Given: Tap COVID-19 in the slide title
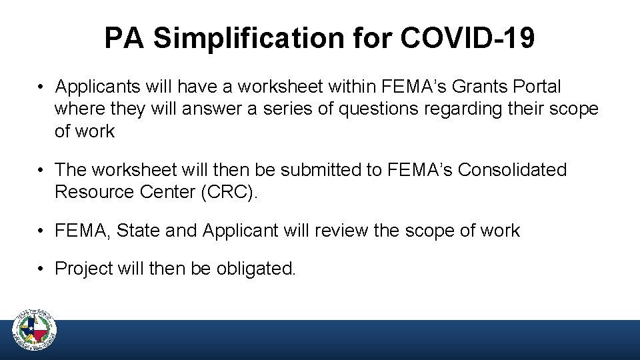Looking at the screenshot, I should tap(467, 39).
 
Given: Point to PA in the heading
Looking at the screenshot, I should tap(125, 39).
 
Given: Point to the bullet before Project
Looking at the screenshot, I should tap(41, 269).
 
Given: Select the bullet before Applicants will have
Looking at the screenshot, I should tap(41, 87).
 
